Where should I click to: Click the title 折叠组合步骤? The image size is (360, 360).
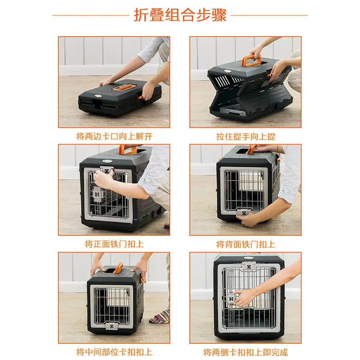coord(180,14)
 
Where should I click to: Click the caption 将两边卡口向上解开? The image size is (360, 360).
coord(115,136)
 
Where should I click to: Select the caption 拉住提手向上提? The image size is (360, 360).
coord(246,136)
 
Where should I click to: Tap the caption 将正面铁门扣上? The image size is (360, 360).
coord(114,244)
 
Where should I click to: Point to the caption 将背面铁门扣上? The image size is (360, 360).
coord(246,244)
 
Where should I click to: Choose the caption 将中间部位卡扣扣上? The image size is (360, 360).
coord(114,352)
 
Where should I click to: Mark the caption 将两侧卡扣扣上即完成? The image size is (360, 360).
coord(246,352)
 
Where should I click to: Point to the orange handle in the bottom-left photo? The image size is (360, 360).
coord(119,271)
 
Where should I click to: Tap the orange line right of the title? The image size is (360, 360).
coord(269,15)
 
